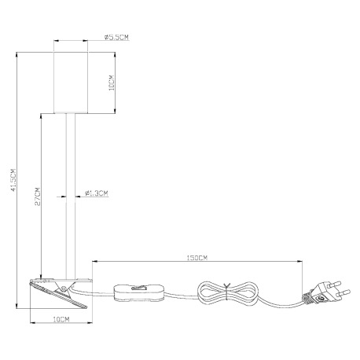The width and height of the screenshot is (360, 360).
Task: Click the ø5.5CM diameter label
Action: pyautogui.click(x=116, y=37)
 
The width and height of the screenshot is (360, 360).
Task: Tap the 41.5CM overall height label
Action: pyautogui.click(x=13, y=180)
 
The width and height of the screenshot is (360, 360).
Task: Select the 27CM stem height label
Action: pyautogui.click(x=38, y=197)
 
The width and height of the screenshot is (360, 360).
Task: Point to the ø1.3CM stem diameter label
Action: pyautogui.click(x=97, y=193)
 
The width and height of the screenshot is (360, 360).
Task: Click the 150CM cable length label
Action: pyautogui.click(x=197, y=258)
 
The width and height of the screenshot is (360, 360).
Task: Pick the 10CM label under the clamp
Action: pyautogui.click(x=61, y=319)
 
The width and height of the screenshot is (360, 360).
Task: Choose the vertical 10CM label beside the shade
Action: pyautogui.click(x=112, y=83)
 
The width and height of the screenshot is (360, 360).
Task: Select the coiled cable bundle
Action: pyautogui.click(x=227, y=292)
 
